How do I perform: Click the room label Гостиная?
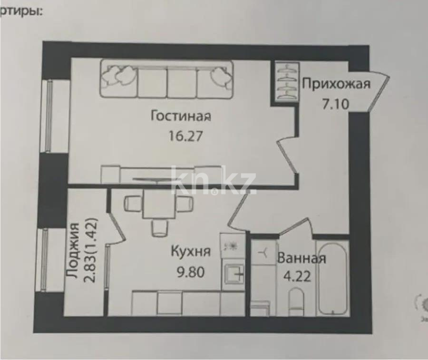tap(181, 116)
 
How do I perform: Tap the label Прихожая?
tap(336, 85)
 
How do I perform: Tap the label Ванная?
tap(302, 259)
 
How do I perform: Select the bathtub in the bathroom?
tap(333, 278)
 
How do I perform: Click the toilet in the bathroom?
tap(296, 301)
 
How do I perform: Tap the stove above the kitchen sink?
tap(233, 245)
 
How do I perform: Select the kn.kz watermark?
tap(214, 181)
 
